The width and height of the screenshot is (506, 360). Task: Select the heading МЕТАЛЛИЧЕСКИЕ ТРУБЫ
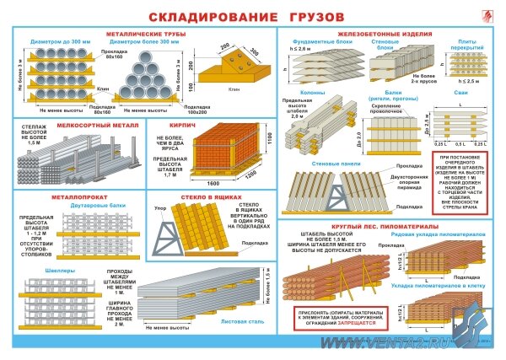(x=146, y=34)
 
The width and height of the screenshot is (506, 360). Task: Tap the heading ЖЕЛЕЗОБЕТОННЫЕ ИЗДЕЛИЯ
(x=388, y=34)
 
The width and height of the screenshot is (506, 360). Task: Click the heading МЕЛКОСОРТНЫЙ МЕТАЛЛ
(x=93, y=123)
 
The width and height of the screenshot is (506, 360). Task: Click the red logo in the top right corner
(x=482, y=16)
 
